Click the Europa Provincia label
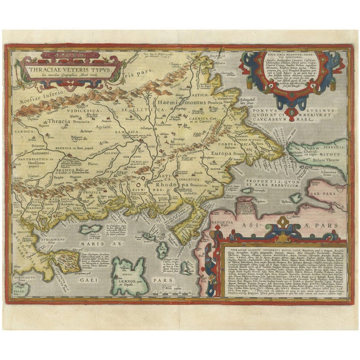pyautogui.click(x=223, y=153)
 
